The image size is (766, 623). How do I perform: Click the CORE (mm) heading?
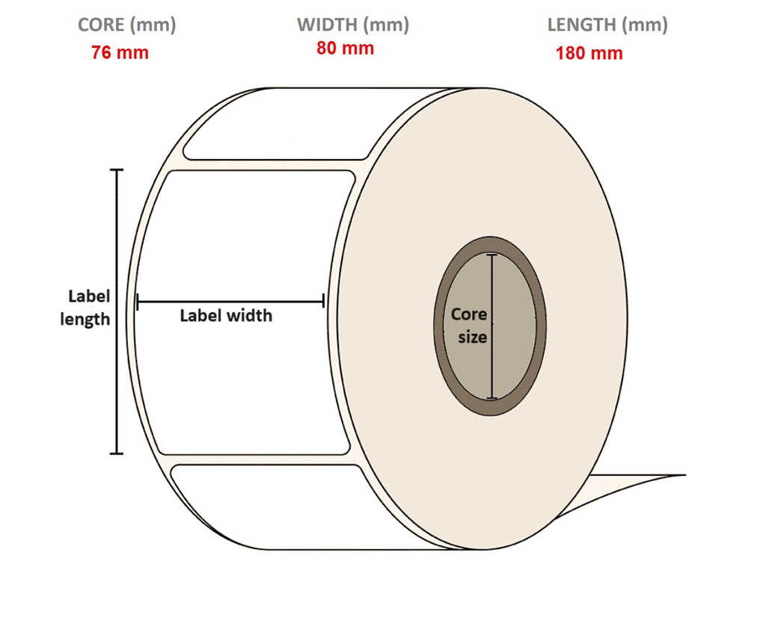click(x=126, y=25)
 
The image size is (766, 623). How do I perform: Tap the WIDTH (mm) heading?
click(x=352, y=25)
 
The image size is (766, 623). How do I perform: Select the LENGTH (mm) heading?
click(x=607, y=25)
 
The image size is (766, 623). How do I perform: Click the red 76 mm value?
click(x=120, y=53)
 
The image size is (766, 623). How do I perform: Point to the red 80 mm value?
click(x=345, y=49)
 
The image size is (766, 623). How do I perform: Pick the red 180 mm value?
click(x=589, y=54)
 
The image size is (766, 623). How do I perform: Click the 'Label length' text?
click(x=86, y=308)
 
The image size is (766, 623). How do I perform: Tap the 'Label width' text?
click(x=226, y=316)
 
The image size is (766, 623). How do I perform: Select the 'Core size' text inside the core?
click(x=470, y=326)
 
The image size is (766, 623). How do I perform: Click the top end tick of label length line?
click(x=116, y=170)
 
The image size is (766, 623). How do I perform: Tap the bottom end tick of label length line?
click(x=116, y=453)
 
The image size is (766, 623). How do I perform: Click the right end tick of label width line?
click(x=323, y=301)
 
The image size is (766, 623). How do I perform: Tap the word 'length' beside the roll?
click(x=85, y=320)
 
